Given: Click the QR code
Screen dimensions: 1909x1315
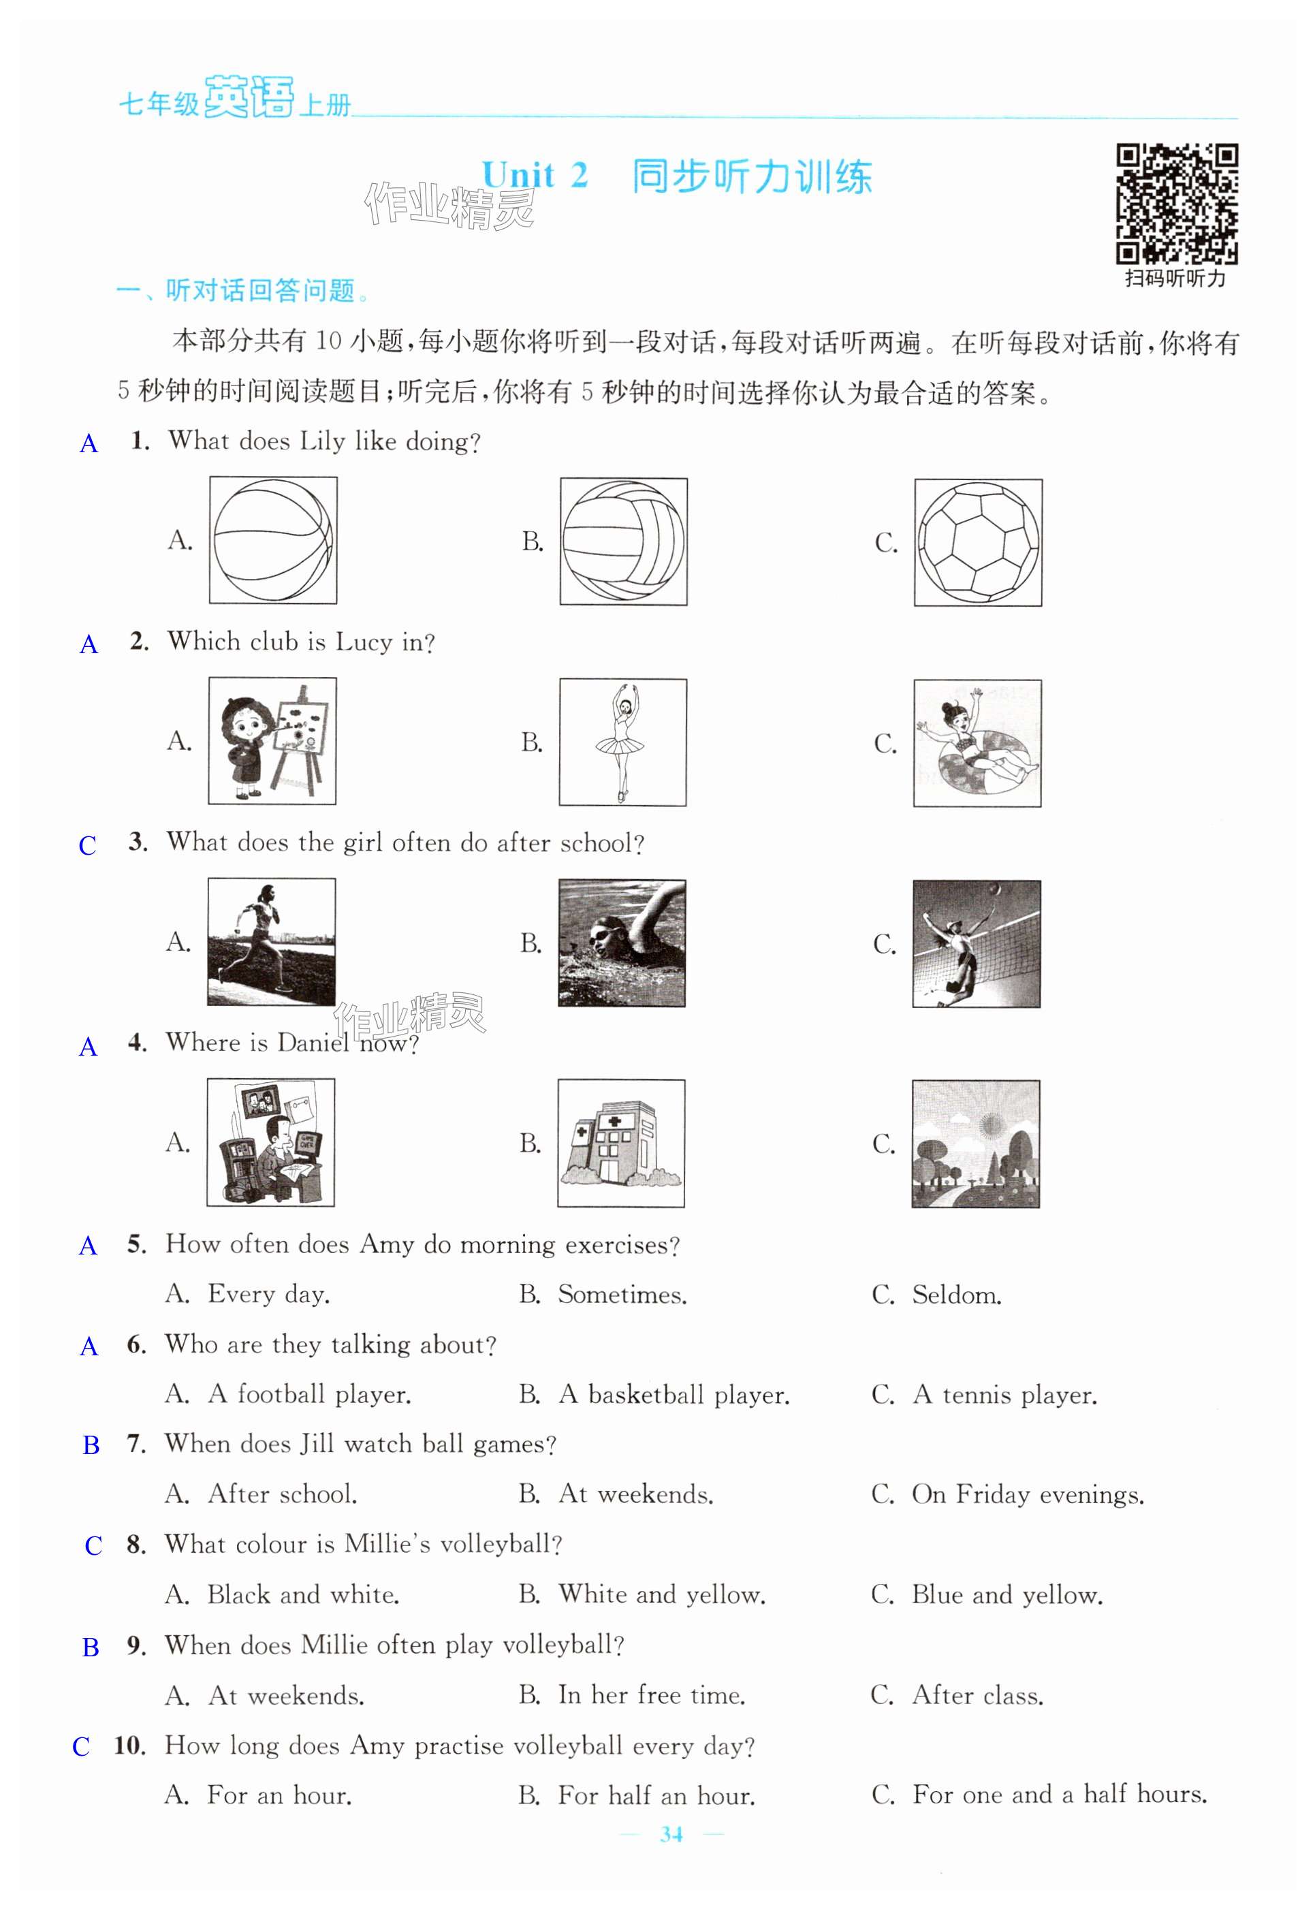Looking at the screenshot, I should click(x=1177, y=204).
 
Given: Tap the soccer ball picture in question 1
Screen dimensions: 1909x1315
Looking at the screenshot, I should click(x=978, y=543).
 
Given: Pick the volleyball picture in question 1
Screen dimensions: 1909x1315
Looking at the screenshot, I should click(x=624, y=542).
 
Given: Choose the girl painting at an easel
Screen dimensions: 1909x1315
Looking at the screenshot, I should click(x=272, y=741).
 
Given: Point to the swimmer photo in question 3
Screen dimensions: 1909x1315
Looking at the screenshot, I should click(x=622, y=943).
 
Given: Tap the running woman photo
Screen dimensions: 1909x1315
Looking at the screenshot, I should click(x=271, y=942).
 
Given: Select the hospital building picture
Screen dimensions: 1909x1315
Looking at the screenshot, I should click(x=621, y=1143).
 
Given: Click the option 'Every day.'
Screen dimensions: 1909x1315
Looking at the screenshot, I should click(x=268, y=1295).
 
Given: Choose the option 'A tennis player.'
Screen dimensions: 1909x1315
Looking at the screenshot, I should click(x=1004, y=1395).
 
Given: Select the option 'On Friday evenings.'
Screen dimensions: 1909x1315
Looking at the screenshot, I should click(x=1028, y=1494).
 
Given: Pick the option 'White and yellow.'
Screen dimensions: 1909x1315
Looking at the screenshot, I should click(x=662, y=1594).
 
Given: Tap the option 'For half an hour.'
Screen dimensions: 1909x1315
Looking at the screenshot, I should click(x=656, y=1795).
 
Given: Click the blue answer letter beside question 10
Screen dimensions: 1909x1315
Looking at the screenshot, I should click(x=81, y=1747).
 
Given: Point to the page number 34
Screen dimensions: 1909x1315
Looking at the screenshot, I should click(x=671, y=1834).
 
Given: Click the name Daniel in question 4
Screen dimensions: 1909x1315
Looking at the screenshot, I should click(x=313, y=1043).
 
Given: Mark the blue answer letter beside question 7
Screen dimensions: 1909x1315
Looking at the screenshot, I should click(x=91, y=1445).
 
